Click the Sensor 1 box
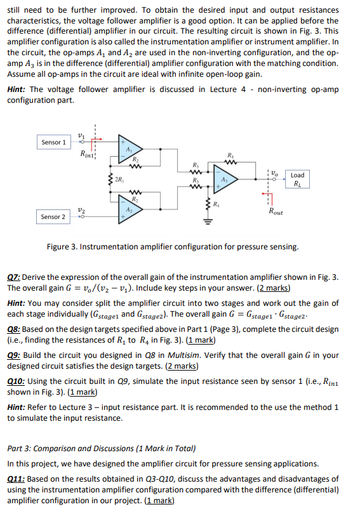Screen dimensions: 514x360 [53, 142]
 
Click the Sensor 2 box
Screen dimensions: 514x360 [53, 217]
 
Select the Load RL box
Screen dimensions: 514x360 [297, 180]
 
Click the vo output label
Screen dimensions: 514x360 [274, 172]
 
